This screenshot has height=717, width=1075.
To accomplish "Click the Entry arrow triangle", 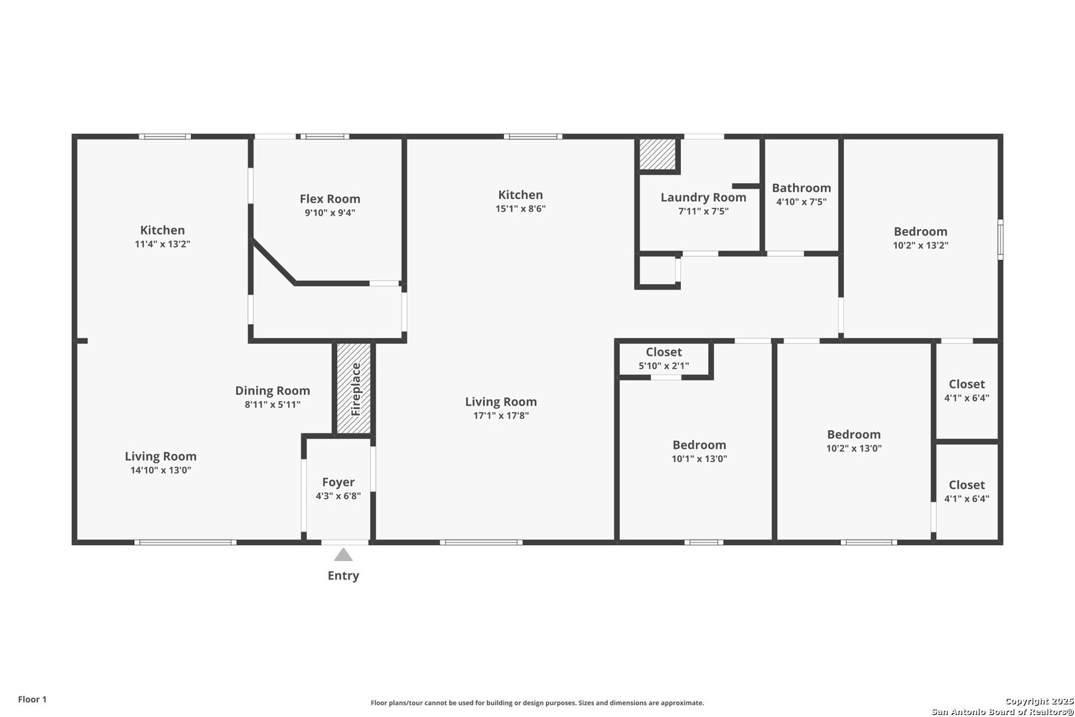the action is tap(343, 554).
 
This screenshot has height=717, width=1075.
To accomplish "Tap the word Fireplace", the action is tap(356, 389).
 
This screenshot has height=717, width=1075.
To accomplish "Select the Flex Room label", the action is tap(330, 199).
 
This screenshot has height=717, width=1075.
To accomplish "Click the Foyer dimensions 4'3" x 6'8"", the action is tap(338, 496).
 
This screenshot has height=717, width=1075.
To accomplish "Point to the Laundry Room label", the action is tap(703, 197).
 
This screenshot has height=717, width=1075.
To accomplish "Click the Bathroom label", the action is tap(802, 188).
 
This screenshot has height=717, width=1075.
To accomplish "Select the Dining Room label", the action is tap(273, 390).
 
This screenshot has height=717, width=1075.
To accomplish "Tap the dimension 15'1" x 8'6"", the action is tap(520, 208).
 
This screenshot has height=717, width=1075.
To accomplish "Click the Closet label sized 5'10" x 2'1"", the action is tap(664, 352).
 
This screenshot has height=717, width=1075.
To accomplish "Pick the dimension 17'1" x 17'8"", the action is tap(501, 416).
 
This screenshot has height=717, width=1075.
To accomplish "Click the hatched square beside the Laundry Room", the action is tap(657, 154).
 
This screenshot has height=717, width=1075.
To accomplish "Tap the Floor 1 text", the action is tap(32, 699).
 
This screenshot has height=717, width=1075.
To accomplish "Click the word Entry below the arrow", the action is tap(343, 576).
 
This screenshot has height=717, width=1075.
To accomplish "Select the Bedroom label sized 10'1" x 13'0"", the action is tap(699, 445).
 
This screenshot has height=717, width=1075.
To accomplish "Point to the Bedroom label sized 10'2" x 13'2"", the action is tap(920, 232).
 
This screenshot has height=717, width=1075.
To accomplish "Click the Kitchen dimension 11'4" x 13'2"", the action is tap(162, 244).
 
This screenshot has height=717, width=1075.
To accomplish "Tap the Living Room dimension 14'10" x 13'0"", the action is tap(161, 469).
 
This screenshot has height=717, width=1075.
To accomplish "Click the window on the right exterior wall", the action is tap(1000, 240).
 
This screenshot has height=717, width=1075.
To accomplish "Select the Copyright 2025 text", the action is tap(1039, 701).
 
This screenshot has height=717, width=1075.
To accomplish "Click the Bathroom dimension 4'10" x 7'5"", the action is tap(802, 202).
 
